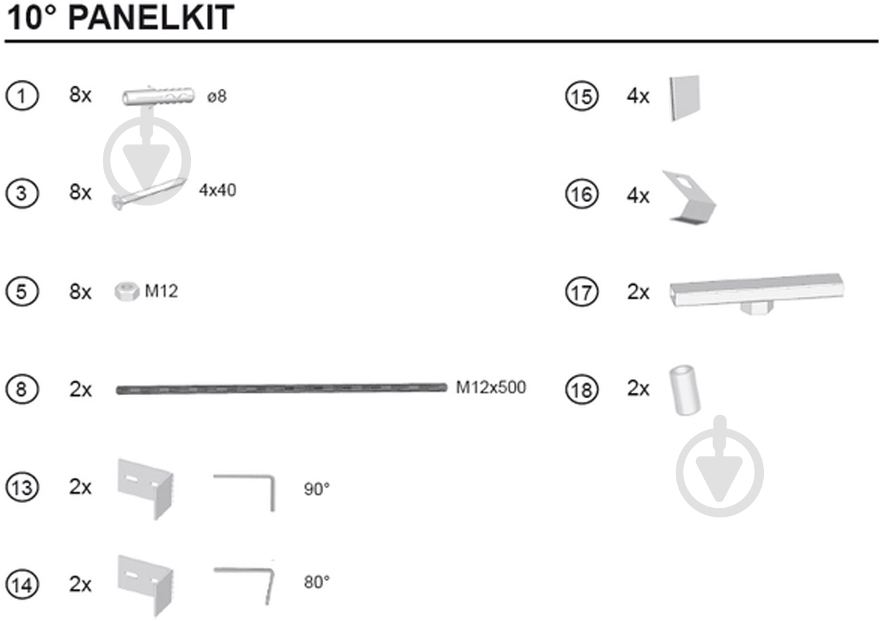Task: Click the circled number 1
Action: (x=22, y=96)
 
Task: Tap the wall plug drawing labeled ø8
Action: (x=158, y=96)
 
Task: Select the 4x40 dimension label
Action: (x=217, y=190)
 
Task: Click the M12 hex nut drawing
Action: (x=127, y=292)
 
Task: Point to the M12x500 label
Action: (x=490, y=388)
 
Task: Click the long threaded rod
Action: (x=281, y=389)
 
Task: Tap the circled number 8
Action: (x=22, y=390)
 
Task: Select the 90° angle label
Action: (x=317, y=489)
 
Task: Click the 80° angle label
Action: (x=317, y=582)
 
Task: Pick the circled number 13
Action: (x=22, y=488)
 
